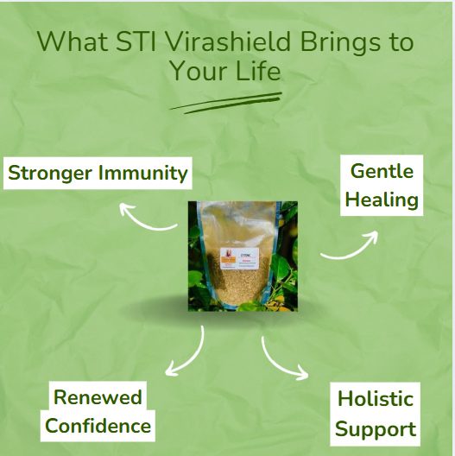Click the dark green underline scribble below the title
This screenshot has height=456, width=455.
point(226,103)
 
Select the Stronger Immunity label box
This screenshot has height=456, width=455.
point(98,173)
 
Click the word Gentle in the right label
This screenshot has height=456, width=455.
point(381,171)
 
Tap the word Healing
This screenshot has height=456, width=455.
point(381,200)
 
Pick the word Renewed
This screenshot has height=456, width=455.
point(98,397)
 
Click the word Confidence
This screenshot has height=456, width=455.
point(98,426)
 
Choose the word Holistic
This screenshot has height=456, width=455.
point(375,399)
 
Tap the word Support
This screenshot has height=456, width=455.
point(375,428)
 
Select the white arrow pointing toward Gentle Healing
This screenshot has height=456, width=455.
point(351,246)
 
